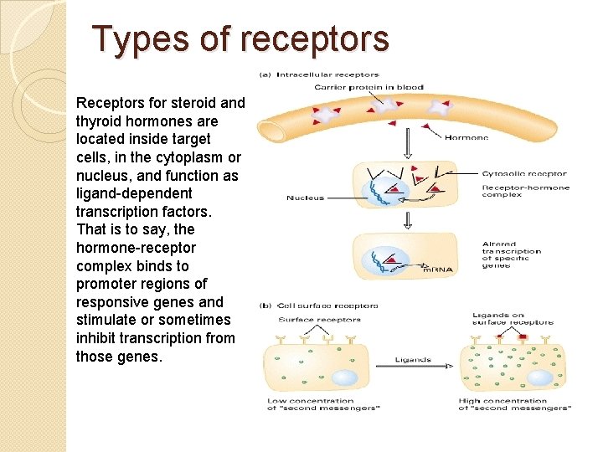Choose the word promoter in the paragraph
pos(105,284)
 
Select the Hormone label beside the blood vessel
pos(466,137)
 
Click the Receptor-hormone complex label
pos(525,191)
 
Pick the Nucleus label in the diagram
pos(305,198)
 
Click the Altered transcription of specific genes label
pos(511,255)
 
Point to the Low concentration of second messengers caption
pos(323,405)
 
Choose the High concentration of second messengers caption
pos(515,405)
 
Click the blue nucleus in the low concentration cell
pos(344,378)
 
